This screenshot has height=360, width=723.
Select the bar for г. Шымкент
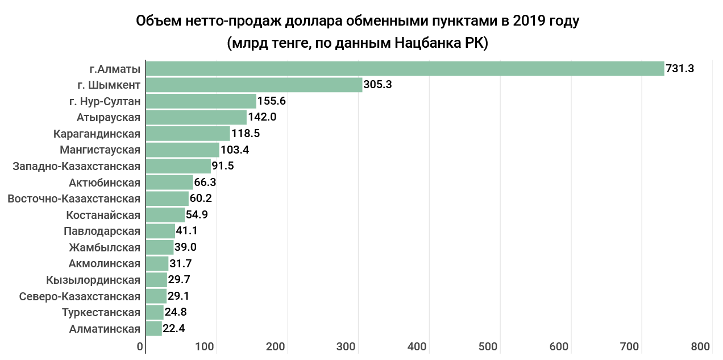click(254, 85)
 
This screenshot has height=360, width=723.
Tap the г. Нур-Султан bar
click(201, 101)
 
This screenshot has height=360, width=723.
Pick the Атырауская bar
click(196, 118)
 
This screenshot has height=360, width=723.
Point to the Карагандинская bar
click(188, 134)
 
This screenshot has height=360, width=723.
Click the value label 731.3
click(680, 69)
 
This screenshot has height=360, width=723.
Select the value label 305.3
click(378, 85)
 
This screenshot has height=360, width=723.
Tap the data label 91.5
click(223, 167)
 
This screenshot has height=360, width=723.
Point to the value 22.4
click(174, 329)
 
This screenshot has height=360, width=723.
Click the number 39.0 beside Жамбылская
click(186, 247)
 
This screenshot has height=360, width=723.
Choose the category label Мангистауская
click(100, 150)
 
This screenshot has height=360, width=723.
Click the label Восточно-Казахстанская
click(74, 199)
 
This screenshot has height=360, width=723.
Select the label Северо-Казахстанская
click(80, 296)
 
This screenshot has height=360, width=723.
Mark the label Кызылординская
click(93, 280)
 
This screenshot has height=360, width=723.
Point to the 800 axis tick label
click(701, 347)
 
